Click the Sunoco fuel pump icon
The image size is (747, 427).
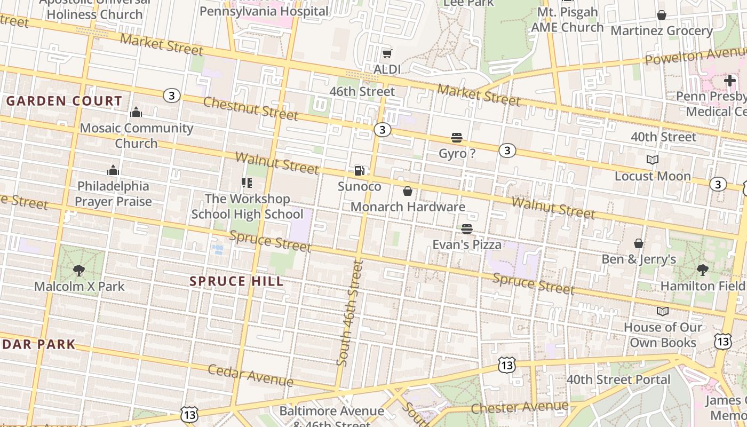pos(360,171)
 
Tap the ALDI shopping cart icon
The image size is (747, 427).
pos(387,53)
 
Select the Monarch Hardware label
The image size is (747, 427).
pos(408,207)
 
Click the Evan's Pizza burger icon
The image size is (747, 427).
pos(467,229)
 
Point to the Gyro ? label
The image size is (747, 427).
pos(457,154)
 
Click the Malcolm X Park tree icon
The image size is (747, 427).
pos(79,271)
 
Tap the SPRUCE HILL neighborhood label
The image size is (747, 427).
pos(236,281)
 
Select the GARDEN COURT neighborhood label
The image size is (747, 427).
pos(64,101)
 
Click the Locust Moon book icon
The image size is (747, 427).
pos(652,160)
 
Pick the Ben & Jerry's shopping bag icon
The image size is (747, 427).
pos(638,244)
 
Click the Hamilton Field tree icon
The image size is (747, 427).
pos(702,270)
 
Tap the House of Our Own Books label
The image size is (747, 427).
pos(663,335)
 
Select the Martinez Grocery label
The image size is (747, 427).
pos(662,31)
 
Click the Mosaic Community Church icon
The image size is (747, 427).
pos(136,112)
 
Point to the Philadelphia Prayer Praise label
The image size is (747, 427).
pos(113,194)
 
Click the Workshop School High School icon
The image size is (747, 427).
pos(247,183)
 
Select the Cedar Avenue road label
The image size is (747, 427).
pos(250,376)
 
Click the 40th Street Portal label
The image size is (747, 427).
pos(618,379)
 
